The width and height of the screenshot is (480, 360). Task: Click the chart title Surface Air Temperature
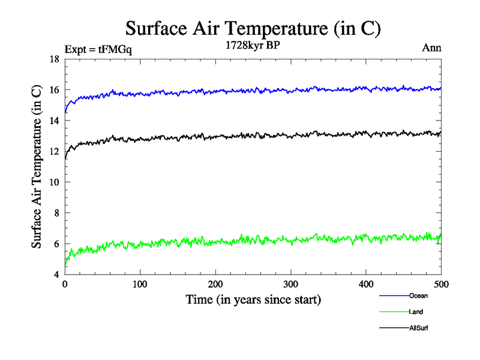point(253,28)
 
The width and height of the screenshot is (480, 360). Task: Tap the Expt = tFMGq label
point(98,50)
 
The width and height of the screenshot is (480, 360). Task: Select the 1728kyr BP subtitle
point(253,46)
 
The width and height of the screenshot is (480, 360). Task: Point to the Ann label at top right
point(432,48)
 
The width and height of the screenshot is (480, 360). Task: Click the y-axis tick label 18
point(53,59)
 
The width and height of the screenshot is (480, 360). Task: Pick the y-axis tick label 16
point(53,90)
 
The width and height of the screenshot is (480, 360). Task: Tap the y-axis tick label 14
point(53,121)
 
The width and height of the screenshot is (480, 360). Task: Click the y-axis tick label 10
point(53,182)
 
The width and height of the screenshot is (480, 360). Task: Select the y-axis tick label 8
point(56,213)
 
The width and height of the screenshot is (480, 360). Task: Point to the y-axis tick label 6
point(56,244)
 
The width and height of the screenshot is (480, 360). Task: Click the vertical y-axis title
point(37,167)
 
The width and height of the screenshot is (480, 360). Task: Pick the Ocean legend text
point(418,296)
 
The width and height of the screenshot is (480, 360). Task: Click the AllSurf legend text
point(419,328)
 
